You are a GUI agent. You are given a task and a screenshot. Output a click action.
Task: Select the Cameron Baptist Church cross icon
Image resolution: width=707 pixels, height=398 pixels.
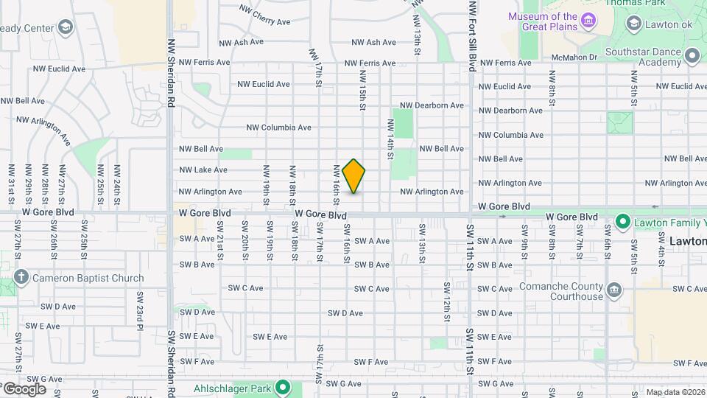pyautogui.click(x=21, y=278)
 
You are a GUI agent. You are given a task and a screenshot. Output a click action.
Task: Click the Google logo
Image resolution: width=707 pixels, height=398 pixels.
pyautogui.click(x=24, y=388)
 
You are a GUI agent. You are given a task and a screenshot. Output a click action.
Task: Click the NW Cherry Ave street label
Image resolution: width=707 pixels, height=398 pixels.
pyautogui.click(x=264, y=15)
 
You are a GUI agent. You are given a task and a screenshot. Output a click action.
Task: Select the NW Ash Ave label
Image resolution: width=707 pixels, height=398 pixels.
pyautogui.click(x=239, y=42)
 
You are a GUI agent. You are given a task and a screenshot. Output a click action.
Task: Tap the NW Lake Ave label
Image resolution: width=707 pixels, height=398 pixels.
pyautogui.click(x=203, y=170)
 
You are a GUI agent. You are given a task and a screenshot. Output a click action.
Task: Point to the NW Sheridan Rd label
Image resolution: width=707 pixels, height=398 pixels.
pyautogui.click(x=170, y=74)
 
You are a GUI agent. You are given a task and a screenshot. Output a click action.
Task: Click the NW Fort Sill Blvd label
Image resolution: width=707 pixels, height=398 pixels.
pyautogui.click(x=472, y=35)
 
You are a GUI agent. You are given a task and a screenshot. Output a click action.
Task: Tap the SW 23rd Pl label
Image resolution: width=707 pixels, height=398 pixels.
pyautogui.click(x=138, y=310)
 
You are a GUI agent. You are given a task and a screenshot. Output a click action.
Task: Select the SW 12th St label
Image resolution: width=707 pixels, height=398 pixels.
pyautogui.click(x=447, y=301)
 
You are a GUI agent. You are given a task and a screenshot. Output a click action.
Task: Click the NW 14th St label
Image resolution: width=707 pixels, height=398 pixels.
pyautogui.click(x=390, y=139)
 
